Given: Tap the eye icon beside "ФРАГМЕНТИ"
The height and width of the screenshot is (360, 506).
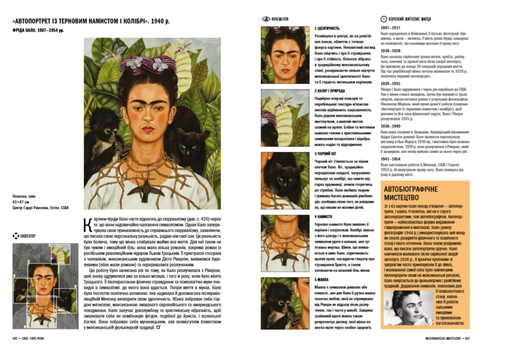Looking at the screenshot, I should coord(265,19).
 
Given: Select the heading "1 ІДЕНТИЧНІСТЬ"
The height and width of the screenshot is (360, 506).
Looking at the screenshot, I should coord(327,29).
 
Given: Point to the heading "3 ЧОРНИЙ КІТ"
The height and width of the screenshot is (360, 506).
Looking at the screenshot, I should coord(326,153).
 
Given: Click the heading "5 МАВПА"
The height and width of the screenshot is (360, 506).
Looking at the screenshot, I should coord(323,279).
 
